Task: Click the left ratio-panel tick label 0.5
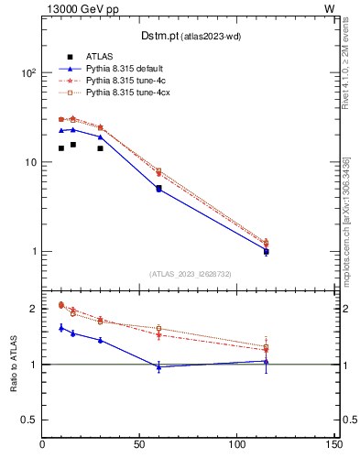27,420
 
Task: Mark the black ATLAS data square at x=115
266,251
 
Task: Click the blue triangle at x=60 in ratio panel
158,366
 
